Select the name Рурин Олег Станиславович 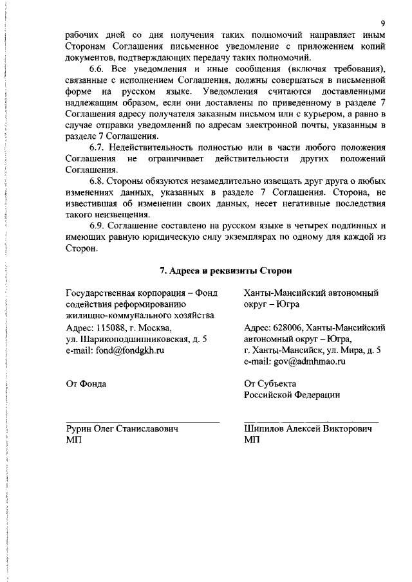pyautogui.click(x=122, y=428)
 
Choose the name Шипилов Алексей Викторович pyautogui.click(x=308, y=428)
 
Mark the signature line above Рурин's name pyautogui.click(x=142, y=421)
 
